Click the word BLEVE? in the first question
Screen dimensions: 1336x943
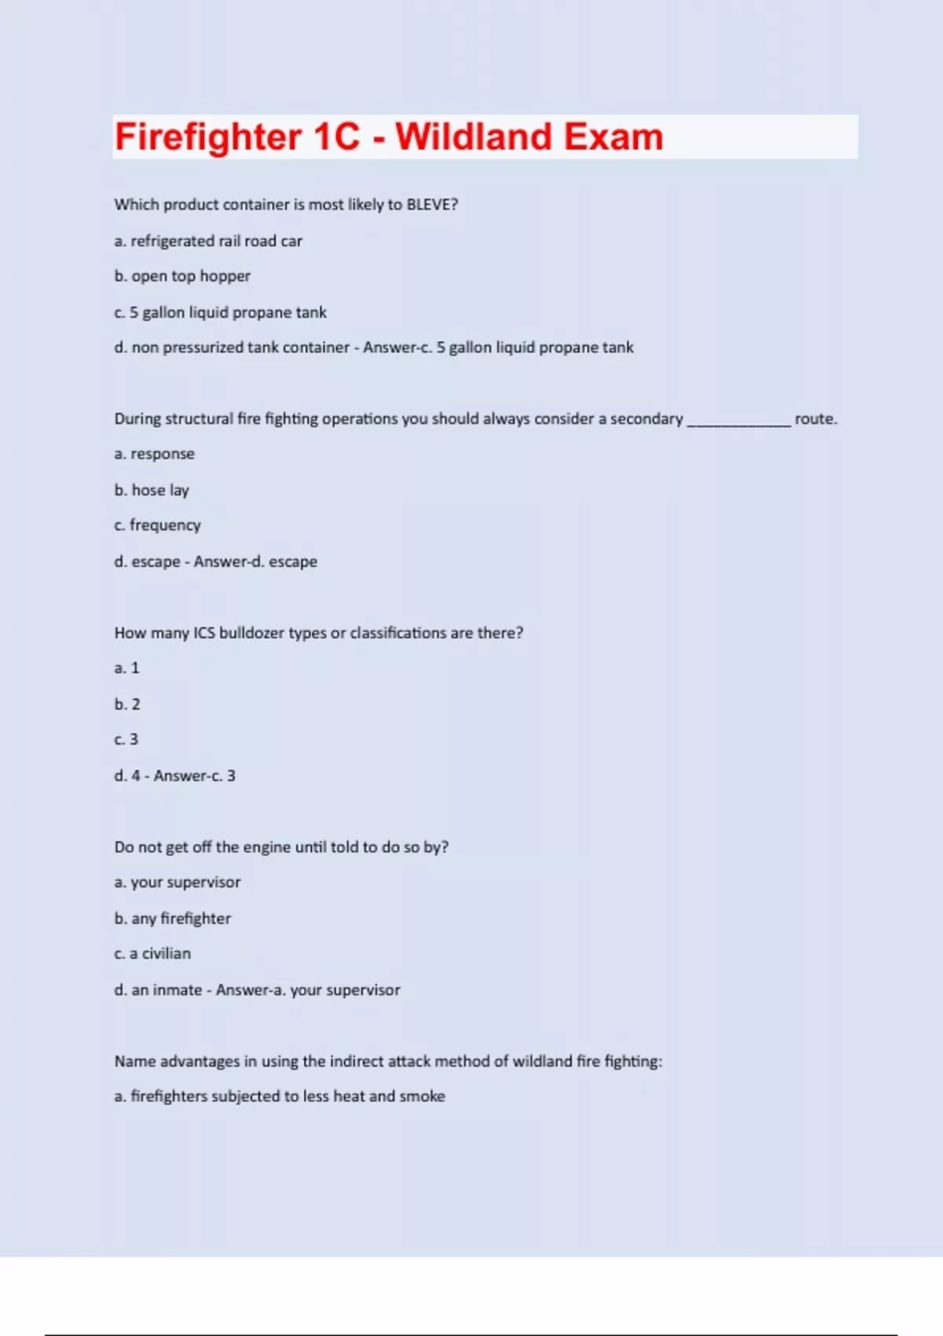pos(431,204)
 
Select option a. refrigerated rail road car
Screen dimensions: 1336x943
pos(208,241)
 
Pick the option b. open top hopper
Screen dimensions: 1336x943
pos(182,276)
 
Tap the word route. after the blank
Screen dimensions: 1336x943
pos(816,419)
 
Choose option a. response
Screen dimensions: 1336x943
pos(154,454)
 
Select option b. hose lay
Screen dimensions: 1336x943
pos(152,490)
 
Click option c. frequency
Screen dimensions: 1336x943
pos(157,525)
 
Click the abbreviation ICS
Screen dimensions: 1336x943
pos(204,633)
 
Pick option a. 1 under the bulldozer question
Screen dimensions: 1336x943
pos(127,668)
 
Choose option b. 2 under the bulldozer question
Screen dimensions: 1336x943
pos(127,704)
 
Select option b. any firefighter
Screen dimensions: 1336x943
pos(173,919)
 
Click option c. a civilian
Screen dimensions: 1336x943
pos(152,953)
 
